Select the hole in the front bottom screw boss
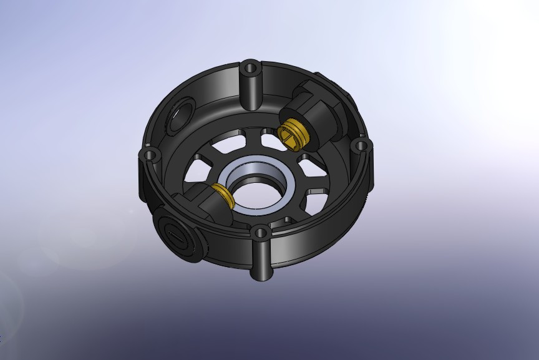click(x=260, y=234)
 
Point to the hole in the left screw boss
click(x=149, y=154)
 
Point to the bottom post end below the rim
click(x=261, y=273)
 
